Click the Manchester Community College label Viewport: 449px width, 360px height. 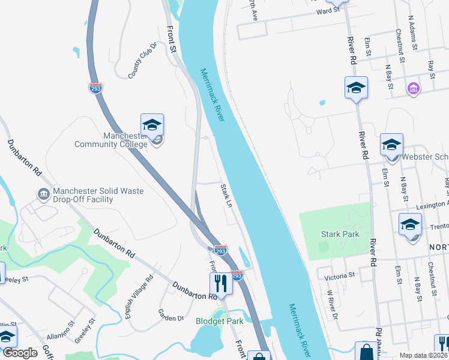click(x=110, y=140)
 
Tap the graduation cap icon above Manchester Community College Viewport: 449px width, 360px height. click(x=152, y=125)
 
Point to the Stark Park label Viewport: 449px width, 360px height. click(x=340, y=234)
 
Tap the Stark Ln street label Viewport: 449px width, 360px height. click(x=226, y=196)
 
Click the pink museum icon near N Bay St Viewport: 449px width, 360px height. click(x=412, y=89)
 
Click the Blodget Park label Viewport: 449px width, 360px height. click(x=220, y=321)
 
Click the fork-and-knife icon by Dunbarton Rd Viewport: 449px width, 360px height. click(x=221, y=284)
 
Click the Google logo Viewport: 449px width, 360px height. click(x=20, y=353)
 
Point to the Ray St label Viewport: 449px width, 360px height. click(x=431, y=68)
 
